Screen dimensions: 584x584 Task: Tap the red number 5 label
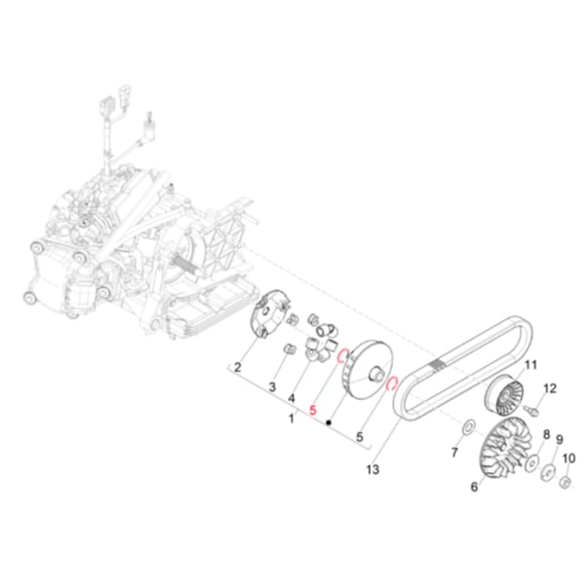pos(312,411)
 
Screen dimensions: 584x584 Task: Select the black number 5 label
pos(360,437)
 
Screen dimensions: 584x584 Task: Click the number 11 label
pos(531,365)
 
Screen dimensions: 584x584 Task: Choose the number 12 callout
pos(550,388)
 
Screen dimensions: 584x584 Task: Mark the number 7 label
pos(455,455)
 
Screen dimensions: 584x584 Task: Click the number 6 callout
pos(475,488)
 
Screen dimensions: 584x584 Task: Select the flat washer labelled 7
pos(466,427)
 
